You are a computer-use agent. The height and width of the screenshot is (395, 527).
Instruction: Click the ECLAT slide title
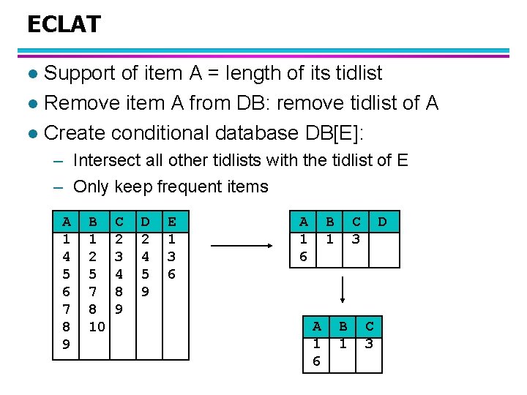pyautogui.click(x=64, y=25)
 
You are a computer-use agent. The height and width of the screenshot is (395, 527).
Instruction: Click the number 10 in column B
pyautogui.click(x=97, y=327)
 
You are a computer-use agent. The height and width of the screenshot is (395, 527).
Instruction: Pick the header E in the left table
pyautogui.click(x=172, y=221)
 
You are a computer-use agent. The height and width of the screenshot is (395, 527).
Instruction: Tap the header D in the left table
pyautogui.click(x=146, y=221)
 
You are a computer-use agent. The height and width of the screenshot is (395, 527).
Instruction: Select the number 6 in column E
pyautogui.click(x=172, y=274)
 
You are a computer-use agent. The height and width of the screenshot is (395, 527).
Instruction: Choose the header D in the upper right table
pyautogui.click(x=382, y=221)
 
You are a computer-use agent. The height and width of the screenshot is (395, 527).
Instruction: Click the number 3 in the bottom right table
pyautogui.click(x=370, y=343)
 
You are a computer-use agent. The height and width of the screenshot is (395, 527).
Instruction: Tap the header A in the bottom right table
pyautogui.click(x=317, y=326)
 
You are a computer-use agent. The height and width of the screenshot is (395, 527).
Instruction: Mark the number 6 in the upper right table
pyautogui.click(x=304, y=256)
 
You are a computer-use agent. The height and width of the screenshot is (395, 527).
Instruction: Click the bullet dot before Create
pyautogui.click(x=31, y=134)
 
